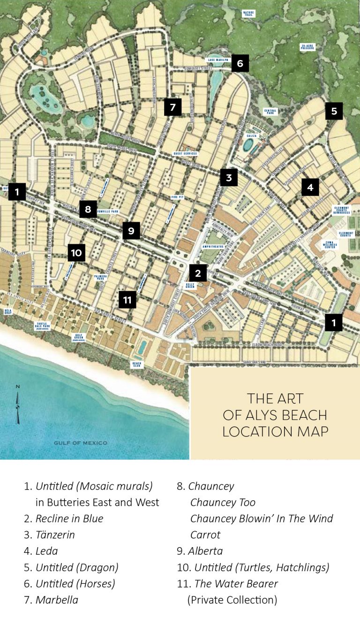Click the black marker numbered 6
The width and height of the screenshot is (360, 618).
[x=240, y=63]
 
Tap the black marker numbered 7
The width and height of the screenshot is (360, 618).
[x=172, y=107]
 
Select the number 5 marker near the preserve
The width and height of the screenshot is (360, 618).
[x=334, y=111]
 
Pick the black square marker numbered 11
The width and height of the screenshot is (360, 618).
[x=127, y=299]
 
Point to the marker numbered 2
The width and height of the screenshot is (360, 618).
[x=198, y=273]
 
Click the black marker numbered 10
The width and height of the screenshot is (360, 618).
[x=76, y=253]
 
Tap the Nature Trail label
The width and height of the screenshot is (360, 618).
[x=248, y=13]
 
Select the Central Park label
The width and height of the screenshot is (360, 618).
[x=271, y=112]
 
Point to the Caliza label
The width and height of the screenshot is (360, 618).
[x=250, y=135]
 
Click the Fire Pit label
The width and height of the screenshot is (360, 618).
[x=178, y=197]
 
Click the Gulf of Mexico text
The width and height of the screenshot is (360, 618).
[x=80, y=443]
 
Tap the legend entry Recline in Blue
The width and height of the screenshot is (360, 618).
[x=69, y=519]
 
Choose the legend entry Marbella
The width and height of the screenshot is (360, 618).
[x=57, y=600]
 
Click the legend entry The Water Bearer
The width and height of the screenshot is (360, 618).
[x=236, y=584]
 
